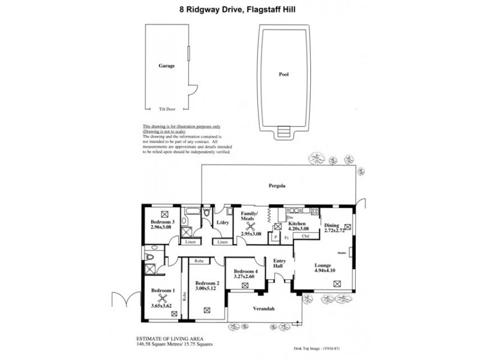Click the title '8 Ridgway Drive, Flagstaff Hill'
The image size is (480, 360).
click(x=240, y=8)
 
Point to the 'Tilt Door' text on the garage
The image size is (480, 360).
click(x=166, y=109)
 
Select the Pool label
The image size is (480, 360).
click(x=283, y=76)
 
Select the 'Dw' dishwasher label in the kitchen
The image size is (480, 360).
click(x=290, y=218)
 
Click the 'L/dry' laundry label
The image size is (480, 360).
click(x=222, y=223)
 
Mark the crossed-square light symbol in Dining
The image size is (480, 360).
click(x=348, y=227)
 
